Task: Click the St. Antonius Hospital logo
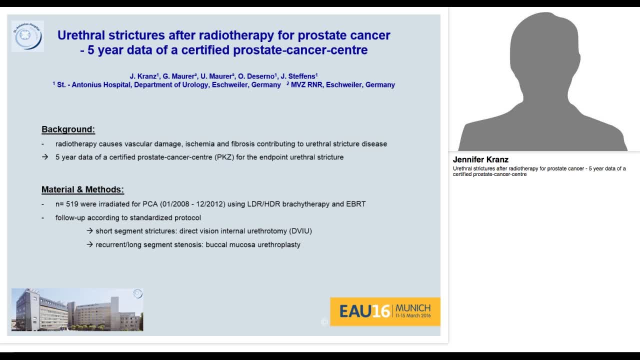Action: [27, 36]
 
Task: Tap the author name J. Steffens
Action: [299, 76]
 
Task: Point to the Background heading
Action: [68, 129]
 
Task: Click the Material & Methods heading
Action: [82, 189]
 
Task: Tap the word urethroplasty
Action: [278, 244]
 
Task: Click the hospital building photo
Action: [77, 309]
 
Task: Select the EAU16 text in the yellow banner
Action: [364, 311]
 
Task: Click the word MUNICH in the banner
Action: [413, 307]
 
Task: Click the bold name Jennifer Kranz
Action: [480, 160]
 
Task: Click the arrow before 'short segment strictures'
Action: [90, 231]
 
